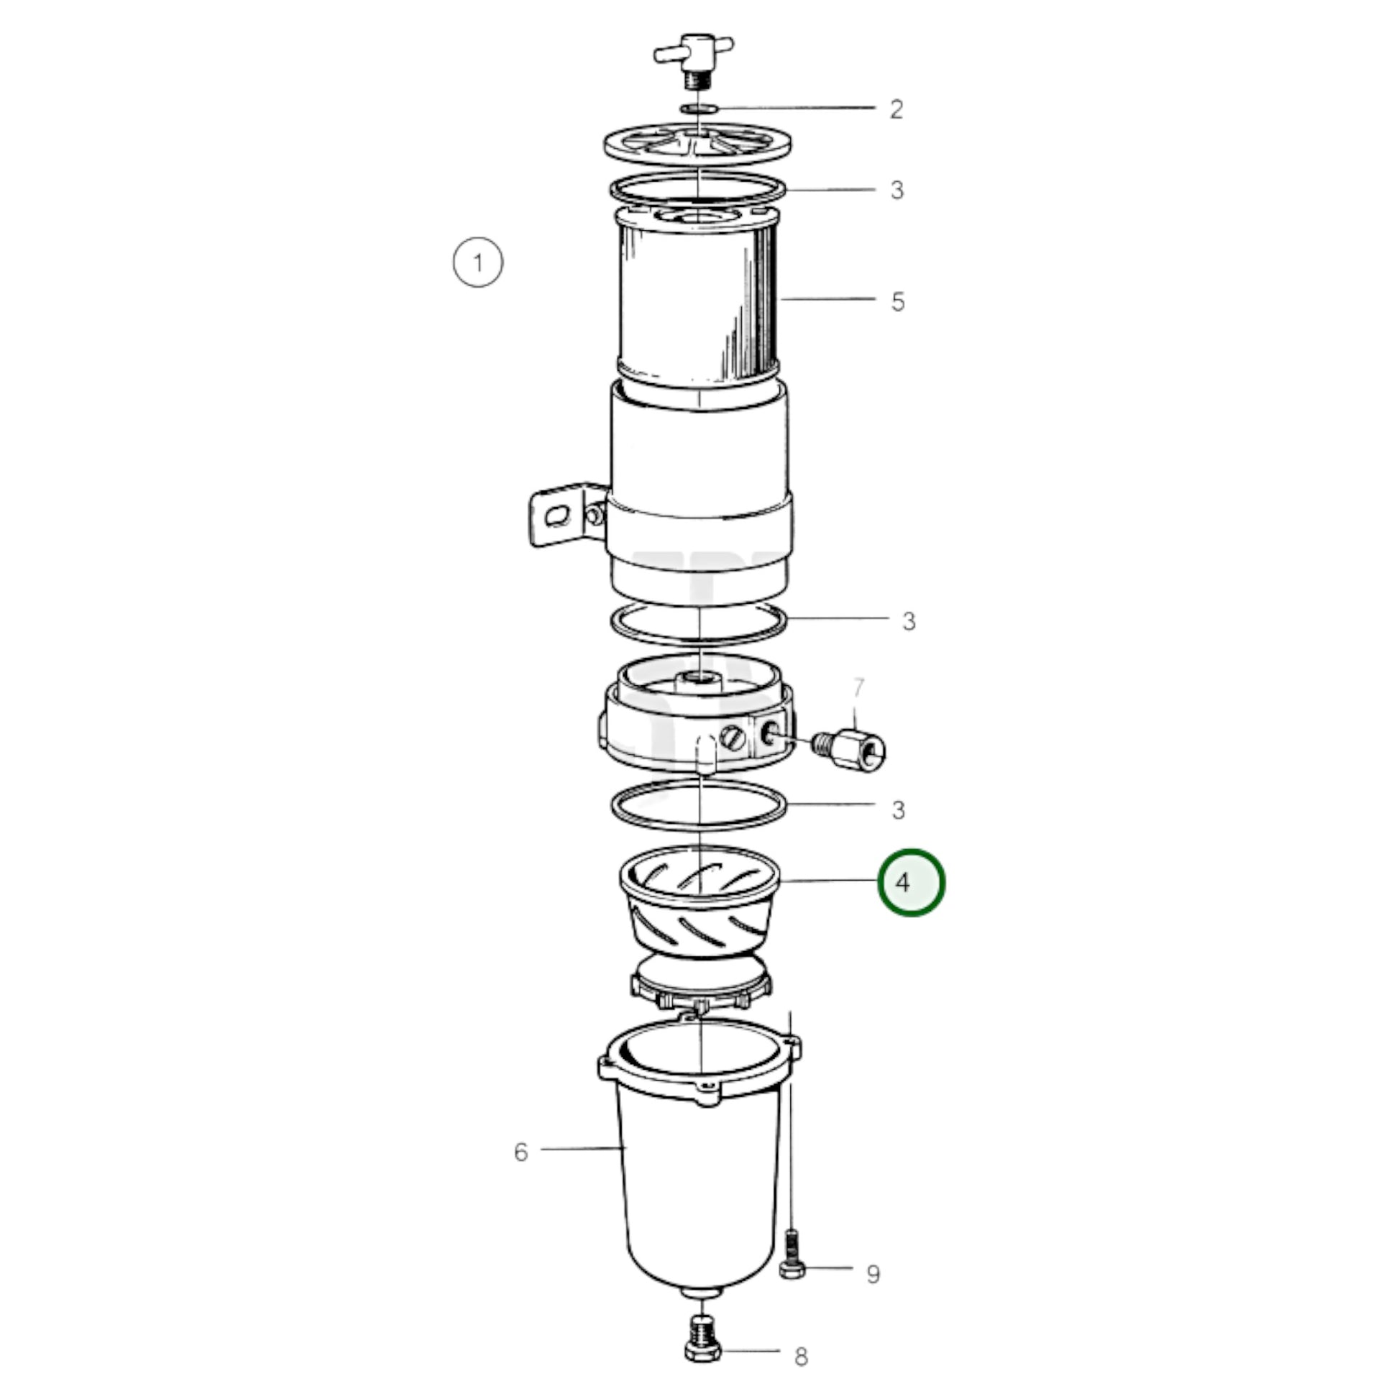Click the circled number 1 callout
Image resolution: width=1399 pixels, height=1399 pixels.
pyautogui.click(x=478, y=262)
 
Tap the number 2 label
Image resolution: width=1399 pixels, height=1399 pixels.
pyautogui.click(x=896, y=109)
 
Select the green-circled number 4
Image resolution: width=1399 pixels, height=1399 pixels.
pyautogui.click(x=911, y=882)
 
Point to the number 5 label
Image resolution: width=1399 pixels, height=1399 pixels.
pyautogui.click(x=898, y=301)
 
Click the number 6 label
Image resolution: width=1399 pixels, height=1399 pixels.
pyautogui.click(x=521, y=1152)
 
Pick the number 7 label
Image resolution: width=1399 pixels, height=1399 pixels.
pyautogui.click(x=858, y=687)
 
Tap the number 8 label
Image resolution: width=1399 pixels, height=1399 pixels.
pyautogui.click(x=801, y=1357)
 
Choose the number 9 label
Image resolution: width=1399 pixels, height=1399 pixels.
pyautogui.click(x=873, y=1274)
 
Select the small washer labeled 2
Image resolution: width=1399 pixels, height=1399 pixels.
pyautogui.click(x=699, y=109)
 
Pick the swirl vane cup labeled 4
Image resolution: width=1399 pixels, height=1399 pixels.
pyautogui.click(x=700, y=901)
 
